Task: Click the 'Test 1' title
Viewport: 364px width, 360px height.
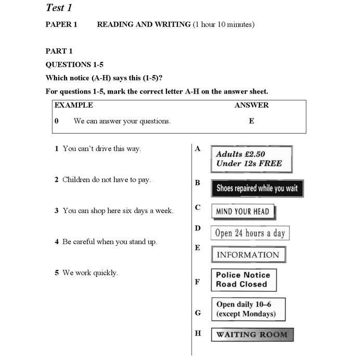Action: click(59, 8)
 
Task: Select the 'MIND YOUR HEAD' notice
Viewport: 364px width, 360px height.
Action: click(242, 211)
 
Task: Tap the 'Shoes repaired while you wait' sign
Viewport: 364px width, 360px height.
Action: click(257, 188)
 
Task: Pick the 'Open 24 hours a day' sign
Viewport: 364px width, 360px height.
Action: click(250, 233)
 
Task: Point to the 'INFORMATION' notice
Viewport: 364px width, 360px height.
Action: click(248, 255)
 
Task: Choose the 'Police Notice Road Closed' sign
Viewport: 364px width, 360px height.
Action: click(243, 279)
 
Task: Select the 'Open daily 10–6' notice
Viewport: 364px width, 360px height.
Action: click(248, 309)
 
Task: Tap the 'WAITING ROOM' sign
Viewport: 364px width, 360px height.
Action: click(252, 335)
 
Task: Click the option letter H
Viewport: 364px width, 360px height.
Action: click(198, 333)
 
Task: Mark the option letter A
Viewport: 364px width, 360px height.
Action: click(198, 149)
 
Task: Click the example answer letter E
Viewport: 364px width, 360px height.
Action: click(252, 121)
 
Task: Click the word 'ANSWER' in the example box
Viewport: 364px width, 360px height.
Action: click(252, 105)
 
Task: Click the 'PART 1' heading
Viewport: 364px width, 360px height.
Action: click(59, 51)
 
